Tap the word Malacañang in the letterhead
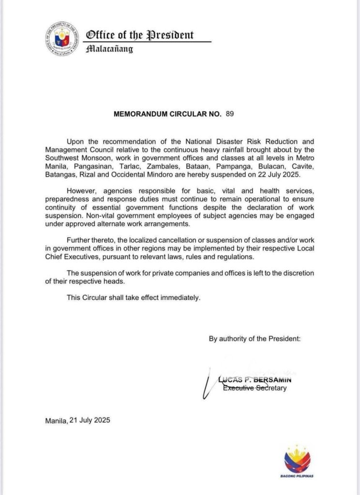click(x=109, y=49)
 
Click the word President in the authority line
click(x=284, y=339)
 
